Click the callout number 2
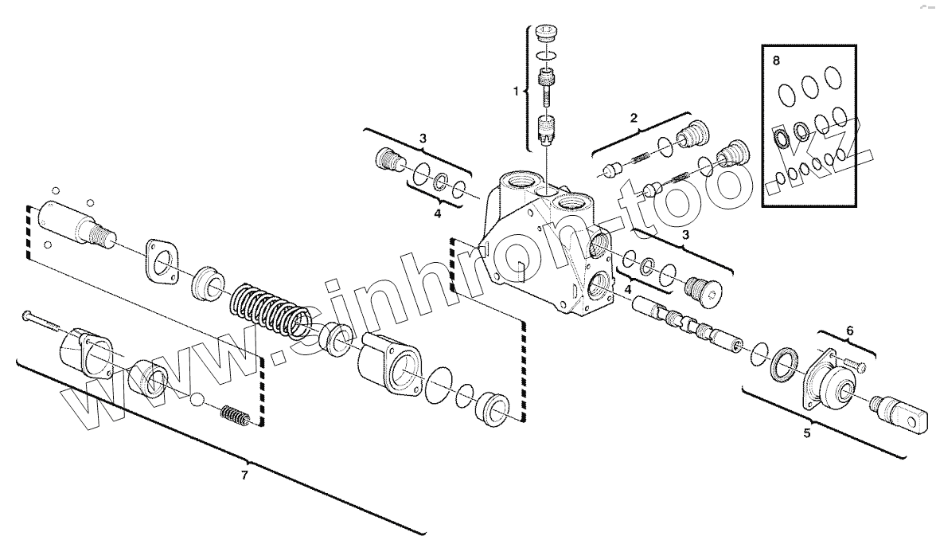(x=634, y=119)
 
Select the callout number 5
(x=807, y=433)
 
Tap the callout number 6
(x=849, y=330)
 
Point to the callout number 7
(x=244, y=476)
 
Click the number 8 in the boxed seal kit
(x=776, y=60)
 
